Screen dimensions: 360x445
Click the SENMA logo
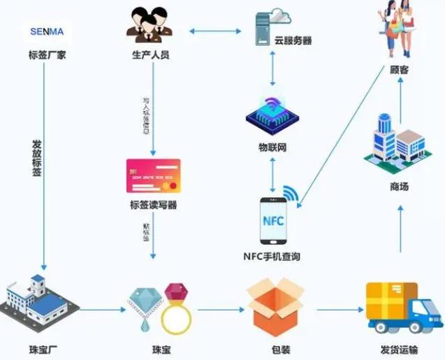[46, 31]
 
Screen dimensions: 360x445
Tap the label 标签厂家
[46, 54]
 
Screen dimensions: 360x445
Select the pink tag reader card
[153, 175]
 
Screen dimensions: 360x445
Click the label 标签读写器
[153, 205]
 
